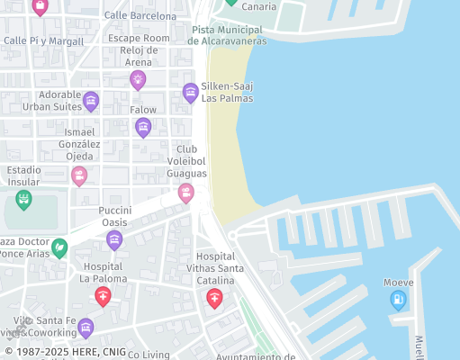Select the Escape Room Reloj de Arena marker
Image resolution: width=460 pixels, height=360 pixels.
(138, 79)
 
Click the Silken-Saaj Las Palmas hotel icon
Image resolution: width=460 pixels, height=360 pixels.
(190, 92)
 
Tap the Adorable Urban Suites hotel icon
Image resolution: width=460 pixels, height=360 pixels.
(91, 101)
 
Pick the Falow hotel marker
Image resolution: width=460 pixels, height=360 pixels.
(143, 127)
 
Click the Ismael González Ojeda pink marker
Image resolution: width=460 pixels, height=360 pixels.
(79, 175)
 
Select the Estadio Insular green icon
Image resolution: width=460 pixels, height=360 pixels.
(23, 198)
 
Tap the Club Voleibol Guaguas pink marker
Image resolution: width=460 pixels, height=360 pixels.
(185, 192)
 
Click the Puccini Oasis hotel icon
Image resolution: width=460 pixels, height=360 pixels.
(114, 239)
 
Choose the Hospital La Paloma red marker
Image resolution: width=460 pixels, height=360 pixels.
(104, 296)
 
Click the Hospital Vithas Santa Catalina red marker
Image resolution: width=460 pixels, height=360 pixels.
(214, 298)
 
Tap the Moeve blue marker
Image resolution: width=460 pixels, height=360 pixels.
(398, 300)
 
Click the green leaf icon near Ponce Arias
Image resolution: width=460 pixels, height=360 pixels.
(59, 247)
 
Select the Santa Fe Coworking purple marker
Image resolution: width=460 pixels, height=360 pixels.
(86, 327)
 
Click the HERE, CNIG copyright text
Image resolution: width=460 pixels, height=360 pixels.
(65, 352)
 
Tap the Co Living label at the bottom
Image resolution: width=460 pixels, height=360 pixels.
(149, 355)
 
